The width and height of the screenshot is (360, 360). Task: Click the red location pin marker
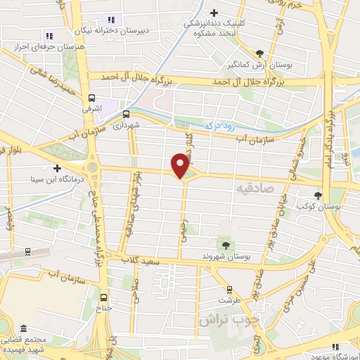(181, 166)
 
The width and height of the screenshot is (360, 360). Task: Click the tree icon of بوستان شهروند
(225, 245)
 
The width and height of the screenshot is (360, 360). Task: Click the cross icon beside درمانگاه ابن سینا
(56, 168)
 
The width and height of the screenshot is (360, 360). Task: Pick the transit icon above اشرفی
(91, 99)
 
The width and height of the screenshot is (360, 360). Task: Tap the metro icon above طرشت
(229, 288)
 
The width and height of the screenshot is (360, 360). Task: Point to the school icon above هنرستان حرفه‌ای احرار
(49, 35)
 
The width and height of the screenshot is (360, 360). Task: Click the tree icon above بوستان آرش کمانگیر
(259, 53)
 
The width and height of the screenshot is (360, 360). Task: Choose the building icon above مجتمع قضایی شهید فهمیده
(23, 329)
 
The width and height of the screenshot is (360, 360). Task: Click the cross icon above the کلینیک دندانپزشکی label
(214, 12)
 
